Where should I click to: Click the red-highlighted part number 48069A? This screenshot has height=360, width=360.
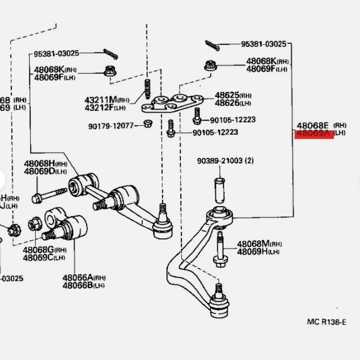point(315,134)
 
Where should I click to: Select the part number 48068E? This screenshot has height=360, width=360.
point(313,126)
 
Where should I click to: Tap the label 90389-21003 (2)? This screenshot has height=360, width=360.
point(225,161)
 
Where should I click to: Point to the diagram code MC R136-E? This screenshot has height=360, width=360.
point(326,322)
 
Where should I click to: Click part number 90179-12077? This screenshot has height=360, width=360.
point(111,126)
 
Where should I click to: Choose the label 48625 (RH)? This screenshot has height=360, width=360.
point(233,95)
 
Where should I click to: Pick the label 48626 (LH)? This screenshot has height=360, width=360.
point(233,103)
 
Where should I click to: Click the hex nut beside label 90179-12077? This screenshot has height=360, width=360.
point(147,124)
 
